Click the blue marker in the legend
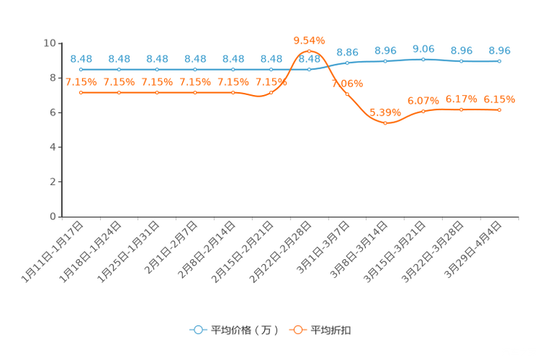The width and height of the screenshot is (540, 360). click(197, 330)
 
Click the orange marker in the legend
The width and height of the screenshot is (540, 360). click(297, 330)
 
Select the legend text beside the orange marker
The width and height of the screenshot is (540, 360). click(332, 330)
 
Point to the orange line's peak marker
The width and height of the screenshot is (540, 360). click(309, 51)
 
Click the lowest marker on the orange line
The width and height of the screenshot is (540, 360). click(385, 124)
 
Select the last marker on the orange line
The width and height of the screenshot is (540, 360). click(499, 110)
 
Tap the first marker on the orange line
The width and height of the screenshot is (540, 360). click(81, 93)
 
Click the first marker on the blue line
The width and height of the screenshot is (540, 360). click(81, 70)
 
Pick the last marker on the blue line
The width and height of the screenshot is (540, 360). click(499, 62)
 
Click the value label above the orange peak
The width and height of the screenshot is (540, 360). click(309, 39)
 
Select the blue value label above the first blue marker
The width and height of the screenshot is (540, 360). click(81, 58)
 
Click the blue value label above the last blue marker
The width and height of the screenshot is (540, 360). click(499, 50)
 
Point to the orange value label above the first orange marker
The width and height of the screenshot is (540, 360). click(81, 81)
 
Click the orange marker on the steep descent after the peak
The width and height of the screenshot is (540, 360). click(348, 94)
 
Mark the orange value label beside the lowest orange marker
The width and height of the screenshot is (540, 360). click(385, 112)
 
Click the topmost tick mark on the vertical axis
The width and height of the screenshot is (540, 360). click(60, 43)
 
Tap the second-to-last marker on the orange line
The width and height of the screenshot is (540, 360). click(461, 110)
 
